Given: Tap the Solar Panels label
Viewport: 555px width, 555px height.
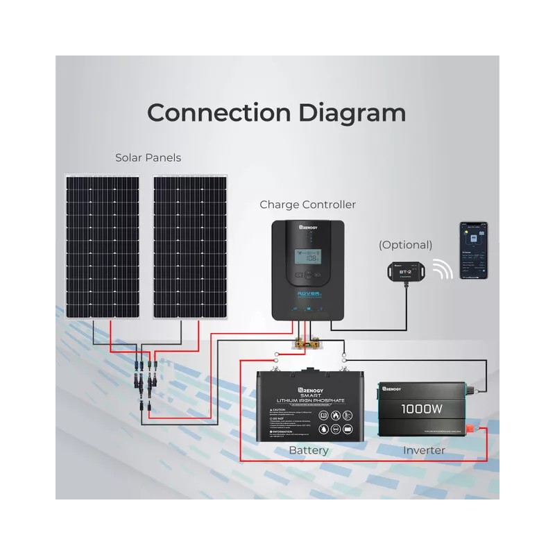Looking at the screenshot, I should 148,158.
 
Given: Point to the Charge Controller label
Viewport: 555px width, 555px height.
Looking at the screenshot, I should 307,205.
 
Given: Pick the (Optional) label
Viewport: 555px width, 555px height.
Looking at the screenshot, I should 405,245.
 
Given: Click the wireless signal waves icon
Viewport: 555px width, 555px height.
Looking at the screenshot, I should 443,268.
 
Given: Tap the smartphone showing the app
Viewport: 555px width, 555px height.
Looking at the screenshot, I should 472,251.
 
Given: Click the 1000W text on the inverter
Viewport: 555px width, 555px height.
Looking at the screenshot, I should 422,409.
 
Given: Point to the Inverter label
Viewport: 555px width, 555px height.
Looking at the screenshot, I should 424,450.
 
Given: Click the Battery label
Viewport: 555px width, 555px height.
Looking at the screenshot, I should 309,450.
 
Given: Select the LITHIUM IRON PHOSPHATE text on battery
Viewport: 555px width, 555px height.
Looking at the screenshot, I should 309,401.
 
